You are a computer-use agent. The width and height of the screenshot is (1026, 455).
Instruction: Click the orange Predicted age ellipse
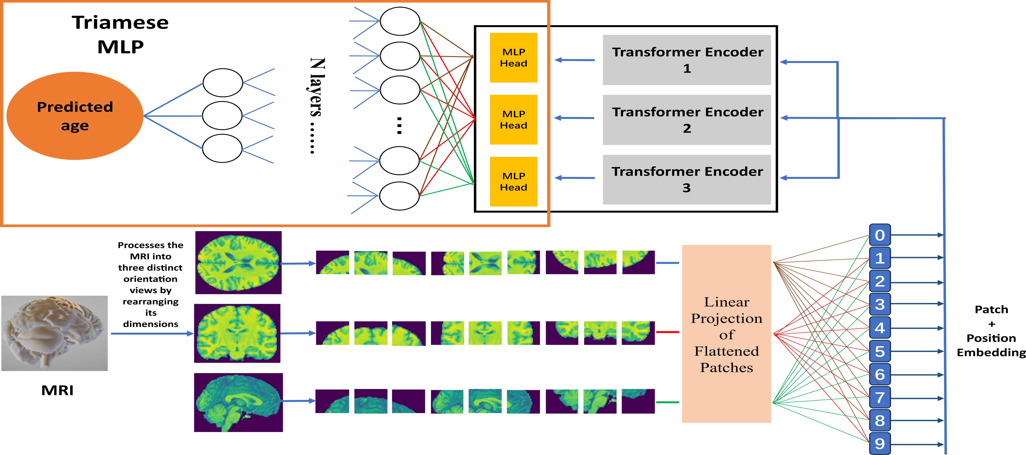[75, 115]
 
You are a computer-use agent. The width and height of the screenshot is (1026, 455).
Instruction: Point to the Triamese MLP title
[120, 34]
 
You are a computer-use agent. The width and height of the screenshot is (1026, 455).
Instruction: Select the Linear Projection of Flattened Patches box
[726, 334]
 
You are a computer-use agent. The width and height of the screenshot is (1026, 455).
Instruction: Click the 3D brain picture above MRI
[55, 333]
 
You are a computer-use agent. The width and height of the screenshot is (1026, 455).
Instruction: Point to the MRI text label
[57, 390]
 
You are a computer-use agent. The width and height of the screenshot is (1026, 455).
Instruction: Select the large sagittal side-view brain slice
[238, 402]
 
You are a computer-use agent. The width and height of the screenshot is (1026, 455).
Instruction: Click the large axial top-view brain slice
[238, 263]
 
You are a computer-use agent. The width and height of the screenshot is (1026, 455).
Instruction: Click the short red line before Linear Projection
[667, 332]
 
